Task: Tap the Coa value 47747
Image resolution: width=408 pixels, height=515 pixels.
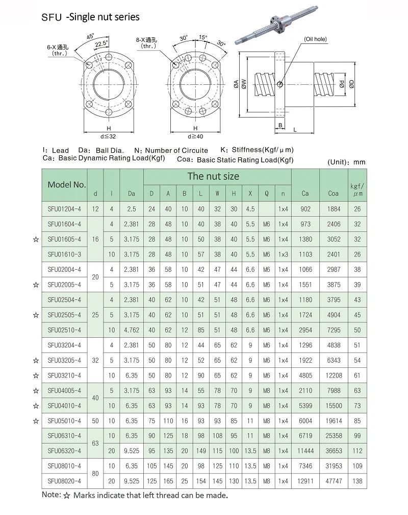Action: [x=334, y=481]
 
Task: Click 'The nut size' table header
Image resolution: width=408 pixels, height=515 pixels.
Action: [x=213, y=176]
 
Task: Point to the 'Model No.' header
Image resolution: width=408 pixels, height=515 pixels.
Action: [x=66, y=184]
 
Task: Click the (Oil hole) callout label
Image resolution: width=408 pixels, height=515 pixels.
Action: [x=315, y=39]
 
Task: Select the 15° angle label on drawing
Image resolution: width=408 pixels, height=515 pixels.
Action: [x=203, y=37]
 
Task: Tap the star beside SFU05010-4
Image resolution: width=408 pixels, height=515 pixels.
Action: [x=36, y=421]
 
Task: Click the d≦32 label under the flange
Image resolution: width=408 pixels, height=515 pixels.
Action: [x=109, y=136]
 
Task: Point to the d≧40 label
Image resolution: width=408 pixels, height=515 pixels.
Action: [x=195, y=136]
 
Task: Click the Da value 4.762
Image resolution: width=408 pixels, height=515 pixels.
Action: [x=131, y=330]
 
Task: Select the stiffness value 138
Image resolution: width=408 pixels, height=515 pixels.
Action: [x=357, y=481]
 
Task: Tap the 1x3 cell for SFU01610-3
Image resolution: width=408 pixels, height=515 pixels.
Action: [x=283, y=254]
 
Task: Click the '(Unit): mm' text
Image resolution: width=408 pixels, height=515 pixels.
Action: [x=345, y=162]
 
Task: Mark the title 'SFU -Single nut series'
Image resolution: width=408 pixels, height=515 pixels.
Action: [x=90, y=17]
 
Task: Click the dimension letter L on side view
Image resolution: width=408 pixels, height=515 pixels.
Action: [x=295, y=130]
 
